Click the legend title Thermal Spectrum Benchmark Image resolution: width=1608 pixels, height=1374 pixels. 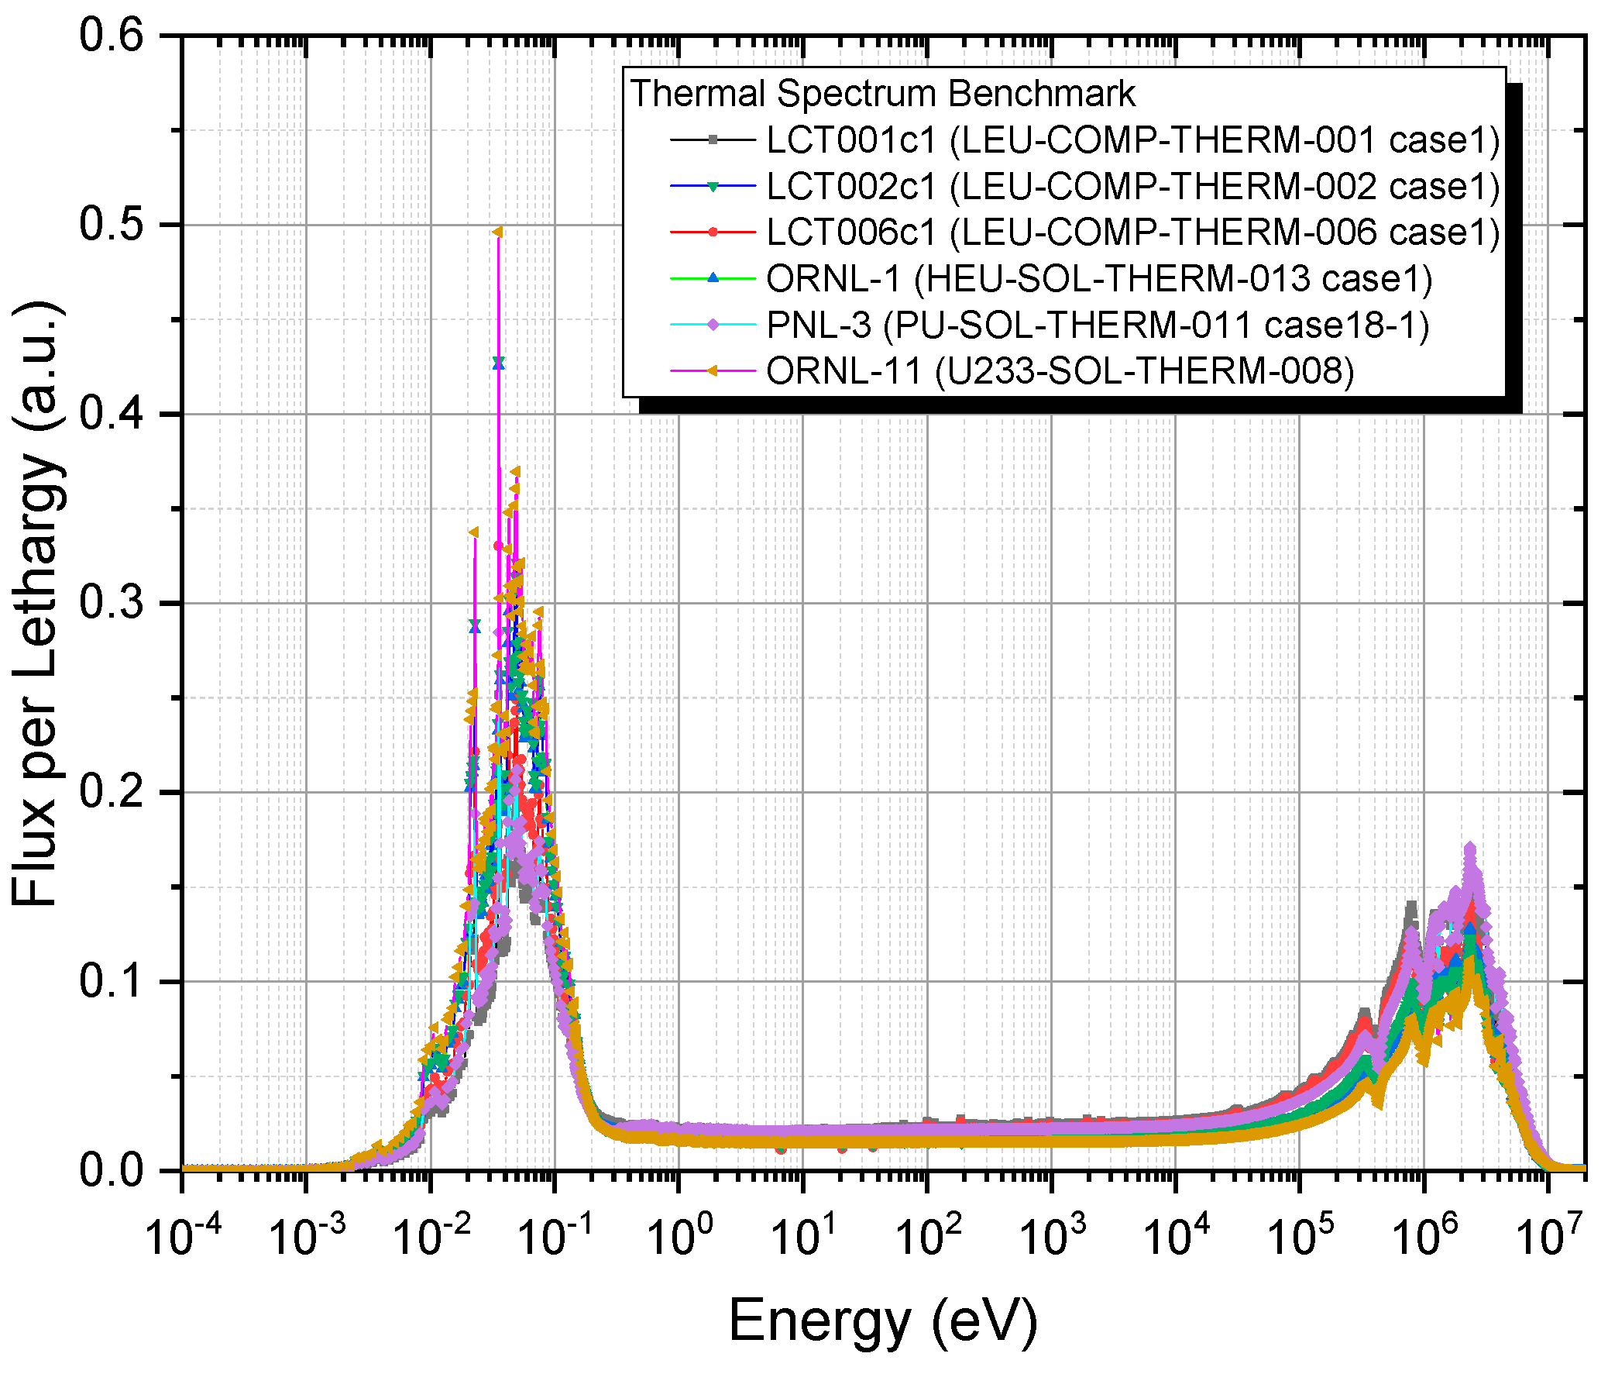[x=882, y=95]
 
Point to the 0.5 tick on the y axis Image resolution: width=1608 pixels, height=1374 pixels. [x=112, y=225]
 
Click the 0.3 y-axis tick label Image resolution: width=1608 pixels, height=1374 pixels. [x=112, y=603]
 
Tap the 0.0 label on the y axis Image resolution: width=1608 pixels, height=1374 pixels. [x=112, y=1171]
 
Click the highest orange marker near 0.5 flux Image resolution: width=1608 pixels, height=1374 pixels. [x=498, y=232]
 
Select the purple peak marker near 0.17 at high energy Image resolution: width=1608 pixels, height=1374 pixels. [x=1469, y=849]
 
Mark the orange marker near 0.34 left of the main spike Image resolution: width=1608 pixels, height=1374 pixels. [x=473, y=532]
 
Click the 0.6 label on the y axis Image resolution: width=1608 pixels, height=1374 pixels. [x=112, y=36]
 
